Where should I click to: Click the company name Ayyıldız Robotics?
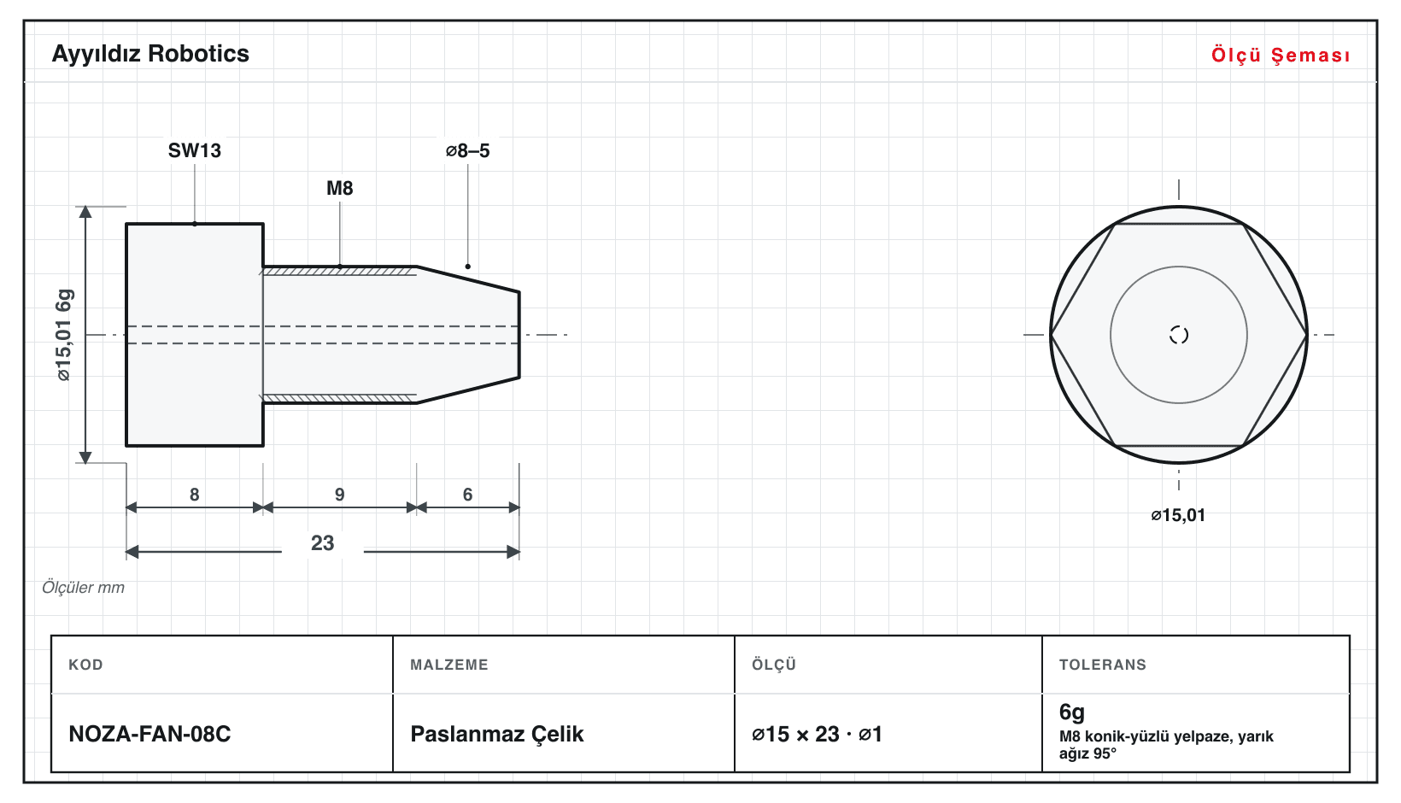tap(150, 55)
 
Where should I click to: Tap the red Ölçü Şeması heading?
tap(1281, 55)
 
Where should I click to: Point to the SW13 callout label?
tap(195, 150)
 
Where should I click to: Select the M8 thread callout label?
tap(340, 188)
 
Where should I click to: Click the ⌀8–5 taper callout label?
tap(467, 150)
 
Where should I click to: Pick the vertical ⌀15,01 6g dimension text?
tap(64, 335)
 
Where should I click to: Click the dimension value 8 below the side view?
tap(195, 495)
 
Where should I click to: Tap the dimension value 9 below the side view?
tap(340, 495)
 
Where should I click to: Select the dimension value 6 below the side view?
tap(467, 495)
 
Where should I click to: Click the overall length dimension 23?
tap(323, 542)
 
